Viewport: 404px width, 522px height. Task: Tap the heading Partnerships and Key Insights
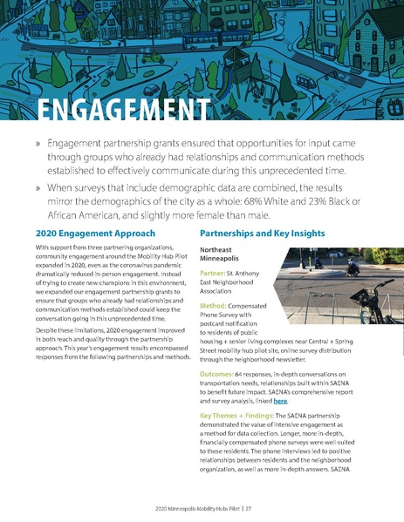coord(262,234)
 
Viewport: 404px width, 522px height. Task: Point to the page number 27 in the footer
coord(249,506)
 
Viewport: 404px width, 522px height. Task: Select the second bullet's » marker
coord(38,185)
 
